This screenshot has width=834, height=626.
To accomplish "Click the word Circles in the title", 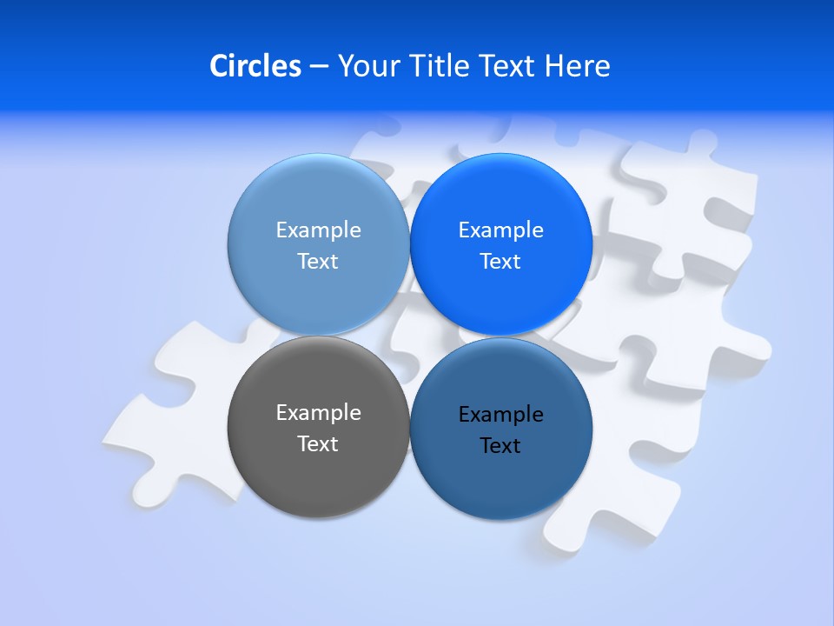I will coord(255,66).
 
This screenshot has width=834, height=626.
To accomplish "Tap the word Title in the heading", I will coord(441,66).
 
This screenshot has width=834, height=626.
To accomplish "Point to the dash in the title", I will coord(318,67).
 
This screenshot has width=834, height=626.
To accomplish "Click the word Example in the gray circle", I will coord(318,413).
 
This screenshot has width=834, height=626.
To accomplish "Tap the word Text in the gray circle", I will coord(318,443).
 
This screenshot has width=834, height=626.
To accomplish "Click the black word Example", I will coord(501,415).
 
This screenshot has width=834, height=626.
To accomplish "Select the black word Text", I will coord(500,446).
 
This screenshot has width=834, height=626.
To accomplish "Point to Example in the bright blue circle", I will coord(501,230).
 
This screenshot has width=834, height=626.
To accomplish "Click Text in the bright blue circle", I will coord(500,261).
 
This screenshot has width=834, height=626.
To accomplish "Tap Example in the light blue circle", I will coord(318,230).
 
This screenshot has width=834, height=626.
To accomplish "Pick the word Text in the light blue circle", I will coord(318,261).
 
